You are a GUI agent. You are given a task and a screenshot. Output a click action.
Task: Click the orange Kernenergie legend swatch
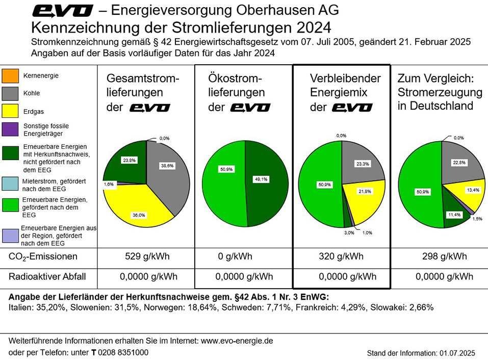point(11,76)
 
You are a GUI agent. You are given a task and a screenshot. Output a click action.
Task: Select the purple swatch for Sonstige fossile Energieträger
point(11,130)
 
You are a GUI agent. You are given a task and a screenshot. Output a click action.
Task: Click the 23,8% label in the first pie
point(129,160)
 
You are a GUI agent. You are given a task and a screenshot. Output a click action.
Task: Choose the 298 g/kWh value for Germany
point(444,256)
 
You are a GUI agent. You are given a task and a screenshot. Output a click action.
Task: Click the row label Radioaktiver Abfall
point(47,277)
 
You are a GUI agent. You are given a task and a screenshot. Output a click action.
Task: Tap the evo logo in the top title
point(63,10)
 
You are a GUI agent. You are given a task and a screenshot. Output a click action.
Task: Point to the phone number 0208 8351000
point(123,352)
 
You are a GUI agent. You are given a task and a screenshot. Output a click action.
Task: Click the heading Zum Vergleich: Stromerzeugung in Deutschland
point(440,92)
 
